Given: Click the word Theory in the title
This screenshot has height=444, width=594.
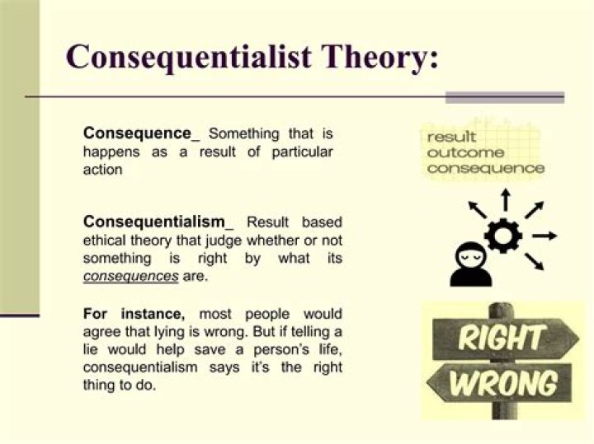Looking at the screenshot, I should pos(375,57).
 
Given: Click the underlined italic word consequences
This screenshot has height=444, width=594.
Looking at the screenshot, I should pos(130,276).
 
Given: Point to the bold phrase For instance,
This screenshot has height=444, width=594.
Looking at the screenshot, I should pos(134,314).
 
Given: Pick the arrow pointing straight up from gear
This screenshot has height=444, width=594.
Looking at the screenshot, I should pos(506,199).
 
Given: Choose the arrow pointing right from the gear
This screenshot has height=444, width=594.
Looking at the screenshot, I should pos(544,236).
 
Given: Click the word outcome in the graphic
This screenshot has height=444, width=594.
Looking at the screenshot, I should pos(465,153).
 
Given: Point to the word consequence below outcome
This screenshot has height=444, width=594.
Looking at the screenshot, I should pos(486,169).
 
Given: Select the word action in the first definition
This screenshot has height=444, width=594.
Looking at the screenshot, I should pos(102,170).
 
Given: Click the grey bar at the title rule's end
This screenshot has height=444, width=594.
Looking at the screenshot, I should pos(504,97).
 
